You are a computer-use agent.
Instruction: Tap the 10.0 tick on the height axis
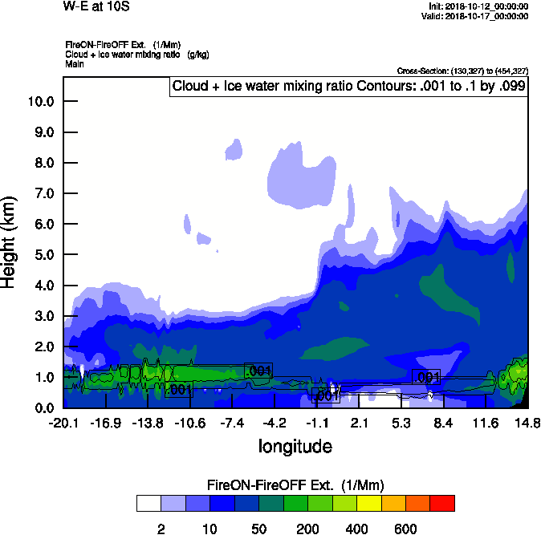tap(41, 101)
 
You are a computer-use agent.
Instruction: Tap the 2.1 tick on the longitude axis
tap(360, 423)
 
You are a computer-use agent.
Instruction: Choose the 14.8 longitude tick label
tap(527, 423)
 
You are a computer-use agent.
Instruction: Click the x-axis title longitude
tap(295, 445)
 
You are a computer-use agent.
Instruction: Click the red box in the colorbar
tap(442, 504)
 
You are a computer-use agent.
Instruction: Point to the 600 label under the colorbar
tap(405, 529)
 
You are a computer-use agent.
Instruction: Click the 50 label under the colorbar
tap(259, 529)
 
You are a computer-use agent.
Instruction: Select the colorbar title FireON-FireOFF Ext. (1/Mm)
tap(295, 485)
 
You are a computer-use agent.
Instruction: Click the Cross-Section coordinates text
tap(462, 71)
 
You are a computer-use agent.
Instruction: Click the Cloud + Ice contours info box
tap(349, 87)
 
